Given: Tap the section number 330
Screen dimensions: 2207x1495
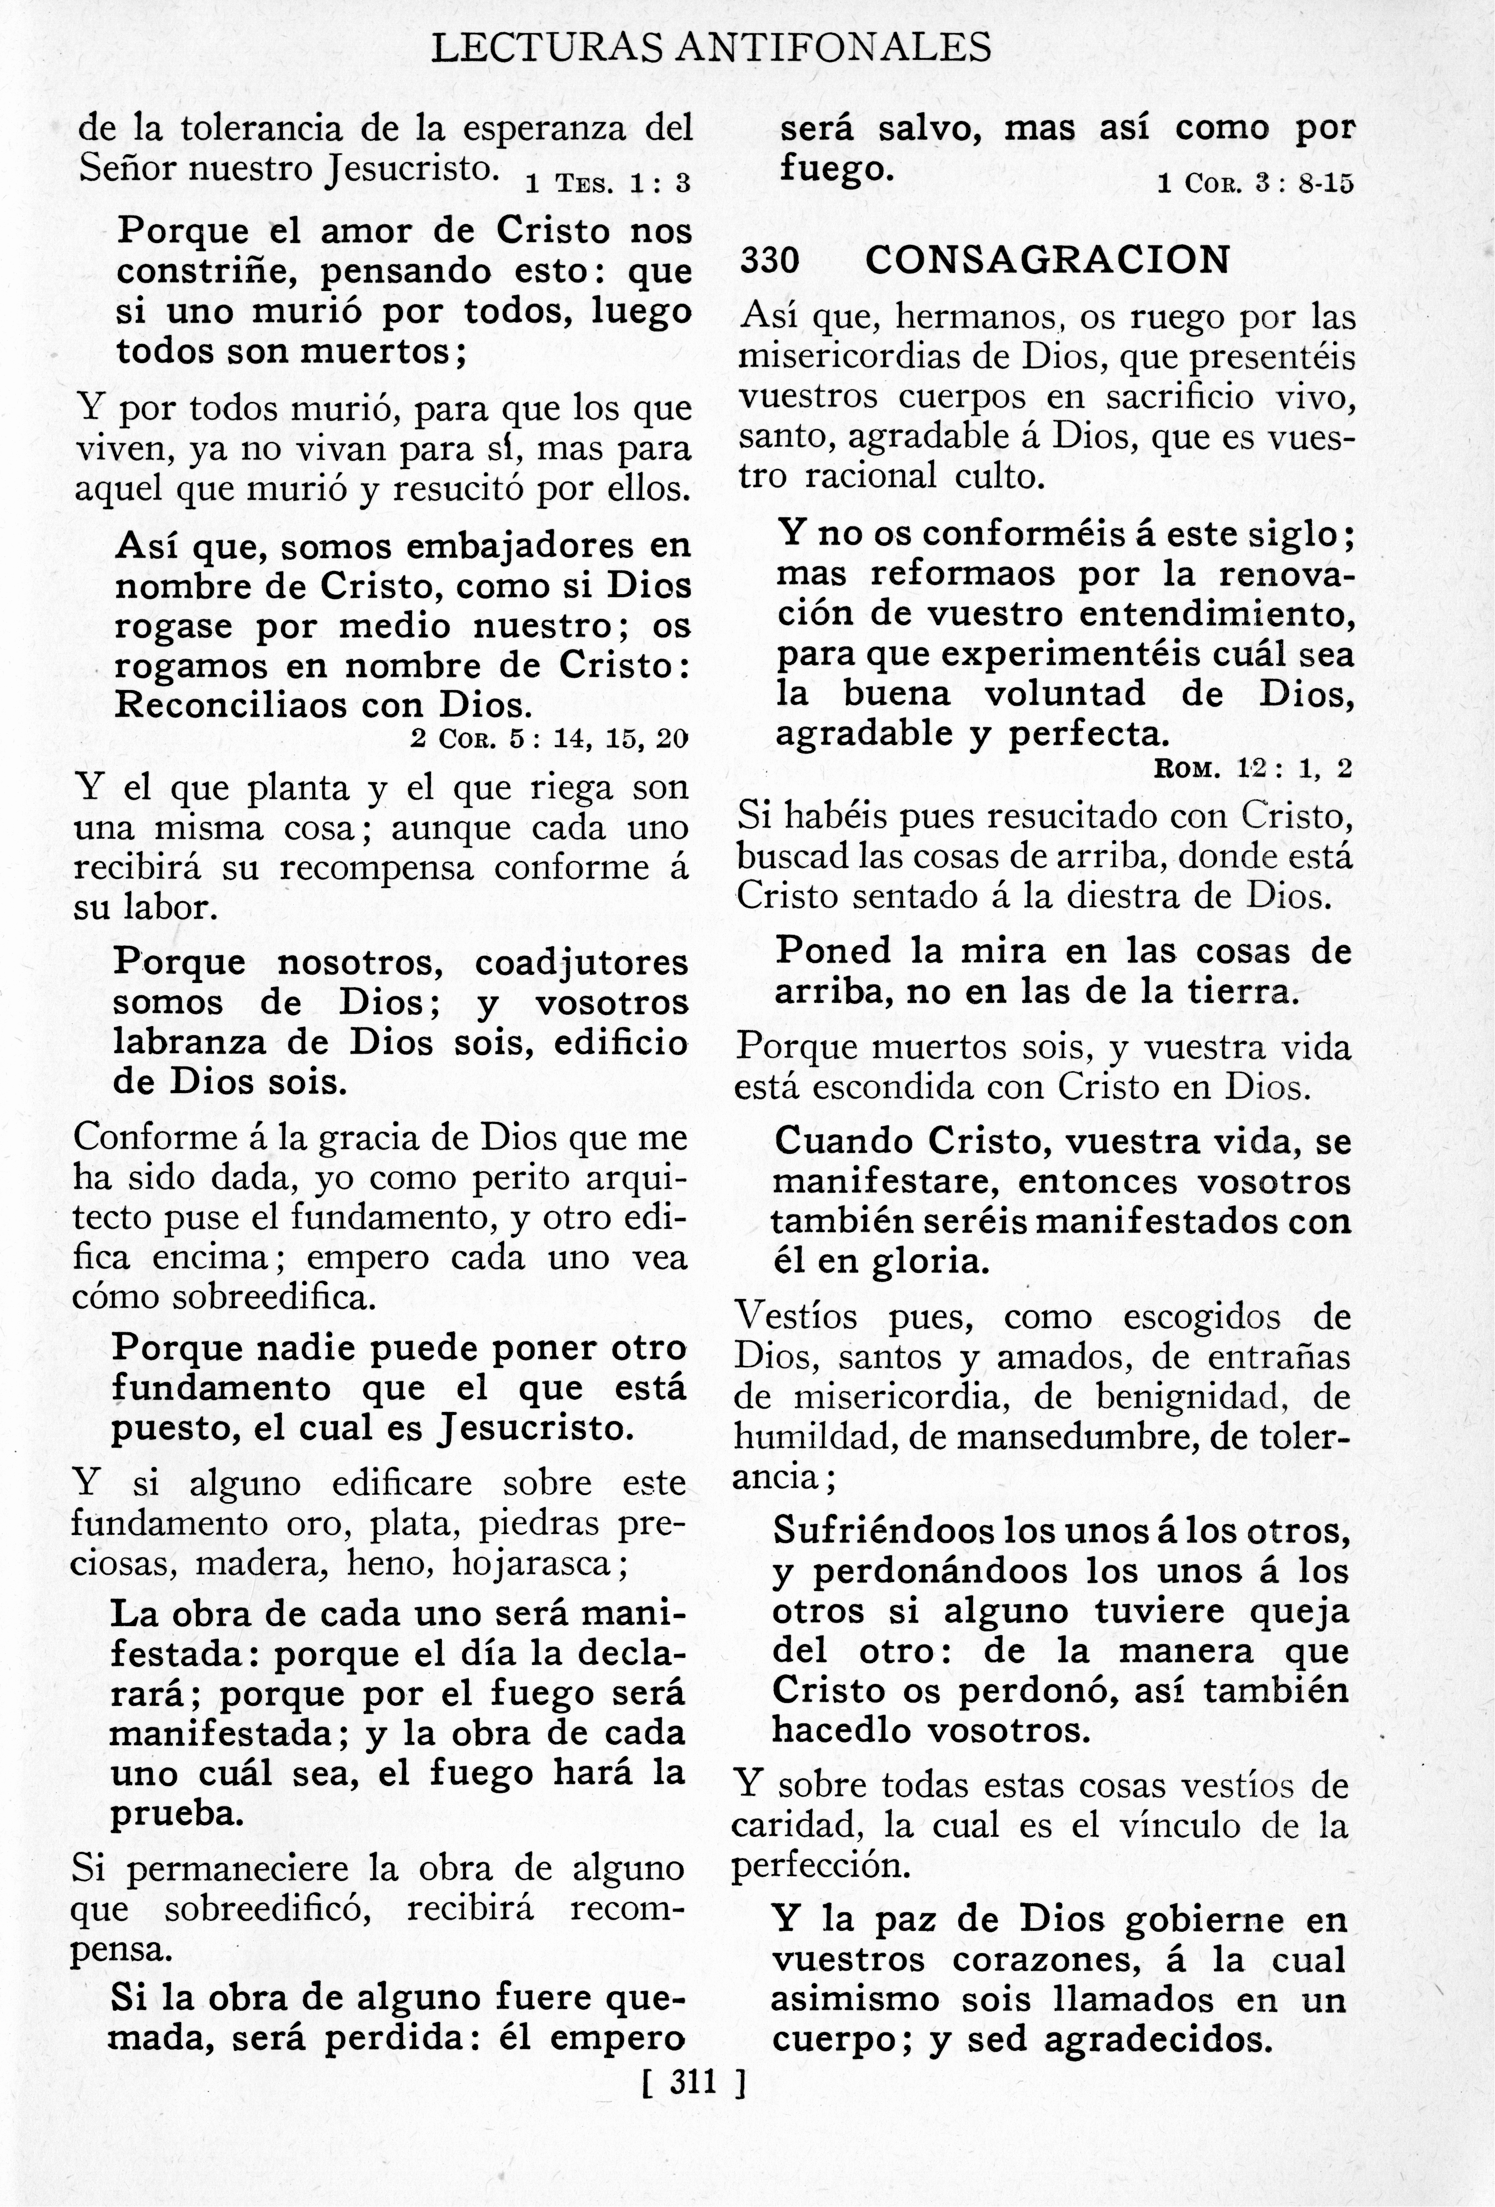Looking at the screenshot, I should [769, 259].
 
